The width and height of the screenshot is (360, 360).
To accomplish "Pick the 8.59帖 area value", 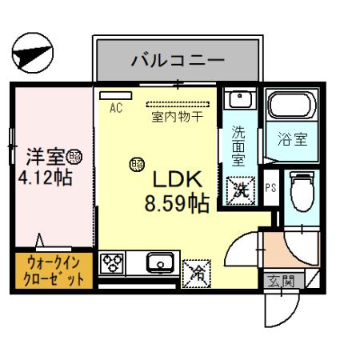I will click(x=177, y=203).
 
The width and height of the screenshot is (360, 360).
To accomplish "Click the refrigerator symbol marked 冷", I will click(x=196, y=272).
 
